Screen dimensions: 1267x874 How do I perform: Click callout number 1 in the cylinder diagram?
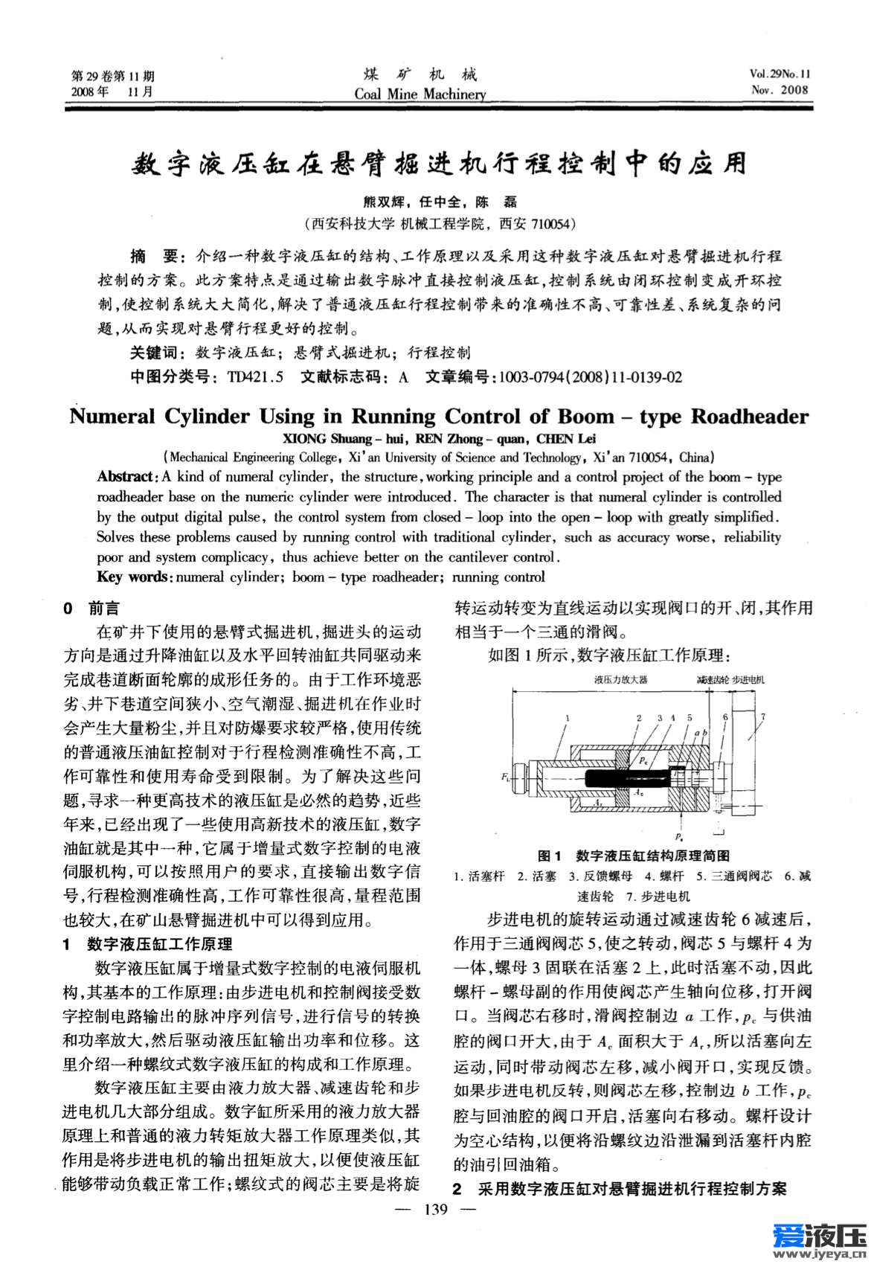coord(568,718)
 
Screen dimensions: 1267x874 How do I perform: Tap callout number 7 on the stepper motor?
coord(763,717)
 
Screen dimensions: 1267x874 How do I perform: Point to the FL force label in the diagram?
coord(505,777)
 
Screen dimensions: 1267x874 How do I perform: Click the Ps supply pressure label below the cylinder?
coord(679,836)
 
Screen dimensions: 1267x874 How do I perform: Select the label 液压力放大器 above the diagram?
coord(620,679)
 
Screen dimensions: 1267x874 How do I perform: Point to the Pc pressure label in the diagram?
coord(643,760)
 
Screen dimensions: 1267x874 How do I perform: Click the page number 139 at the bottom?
coord(435,1209)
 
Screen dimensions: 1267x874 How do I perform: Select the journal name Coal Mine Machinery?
coord(420,94)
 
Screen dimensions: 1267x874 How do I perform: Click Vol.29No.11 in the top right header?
coord(780,74)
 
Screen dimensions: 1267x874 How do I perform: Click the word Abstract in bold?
coord(125,477)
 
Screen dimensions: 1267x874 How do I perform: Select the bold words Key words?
coord(133,577)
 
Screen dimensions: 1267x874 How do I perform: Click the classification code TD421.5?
coord(255,377)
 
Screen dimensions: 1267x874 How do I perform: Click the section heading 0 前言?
coord(91,609)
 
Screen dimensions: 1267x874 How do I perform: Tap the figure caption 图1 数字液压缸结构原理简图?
coord(633,856)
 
